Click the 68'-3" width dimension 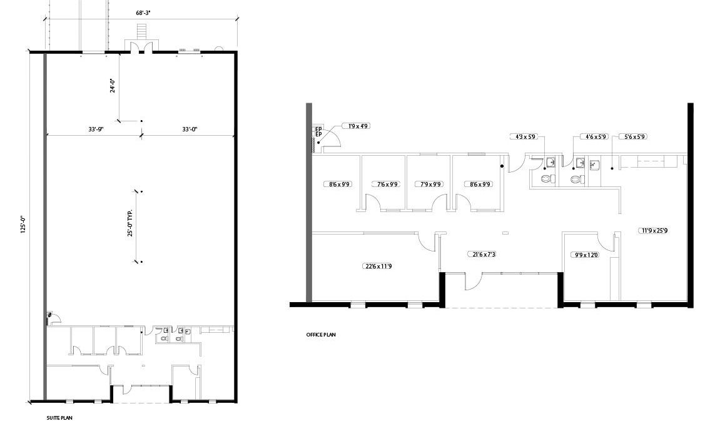(x=143, y=13)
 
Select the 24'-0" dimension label (x=112, y=86)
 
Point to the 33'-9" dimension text (x=96, y=129)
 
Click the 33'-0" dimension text (x=190, y=129)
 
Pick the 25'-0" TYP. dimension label (x=130, y=223)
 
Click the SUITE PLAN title (x=59, y=417)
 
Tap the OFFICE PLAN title (x=321, y=335)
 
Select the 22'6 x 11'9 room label (x=378, y=266)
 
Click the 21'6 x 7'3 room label (x=481, y=254)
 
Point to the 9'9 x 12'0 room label (x=585, y=255)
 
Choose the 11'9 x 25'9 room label (x=654, y=230)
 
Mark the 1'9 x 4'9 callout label (x=358, y=126)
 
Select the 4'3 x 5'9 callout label (x=525, y=136)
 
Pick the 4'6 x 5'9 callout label (x=596, y=136)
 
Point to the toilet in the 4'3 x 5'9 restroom (x=546, y=178)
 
